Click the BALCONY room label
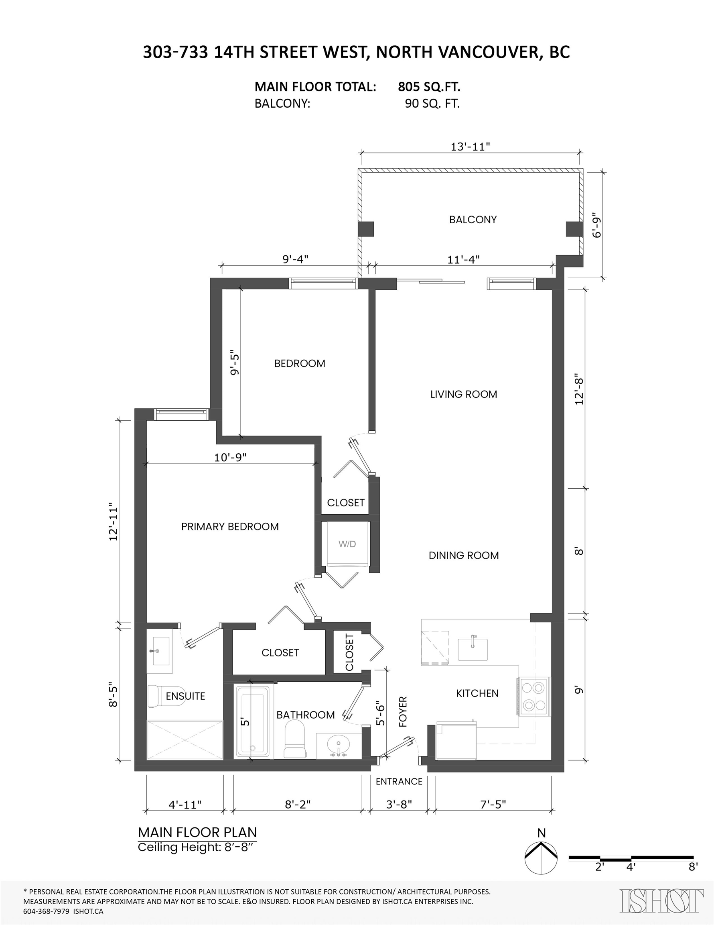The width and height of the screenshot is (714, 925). pyautogui.click(x=473, y=219)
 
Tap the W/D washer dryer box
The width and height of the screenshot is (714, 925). pyautogui.click(x=347, y=544)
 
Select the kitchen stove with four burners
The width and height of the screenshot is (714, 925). pyautogui.click(x=533, y=697)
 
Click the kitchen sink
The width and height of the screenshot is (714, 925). pyautogui.click(x=473, y=650)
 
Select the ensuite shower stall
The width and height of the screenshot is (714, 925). pyautogui.click(x=185, y=740)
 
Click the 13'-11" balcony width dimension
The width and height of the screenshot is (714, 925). pyautogui.click(x=470, y=147)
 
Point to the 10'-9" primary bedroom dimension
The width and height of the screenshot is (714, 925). pyautogui.click(x=230, y=457)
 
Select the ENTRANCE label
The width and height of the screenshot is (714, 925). pyautogui.click(x=399, y=781)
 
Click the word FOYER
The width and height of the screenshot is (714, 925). pyautogui.click(x=402, y=711)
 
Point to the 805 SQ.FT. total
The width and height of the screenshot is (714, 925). pyautogui.click(x=429, y=87)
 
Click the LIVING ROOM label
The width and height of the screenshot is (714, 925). pyautogui.click(x=464, y=394)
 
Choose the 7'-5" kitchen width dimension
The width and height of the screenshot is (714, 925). pyautogui.click(x=493, y=804)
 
